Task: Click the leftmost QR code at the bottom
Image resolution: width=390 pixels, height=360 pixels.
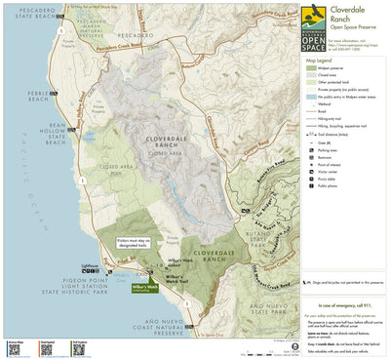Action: pyautogui.click(x=15, y=346)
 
